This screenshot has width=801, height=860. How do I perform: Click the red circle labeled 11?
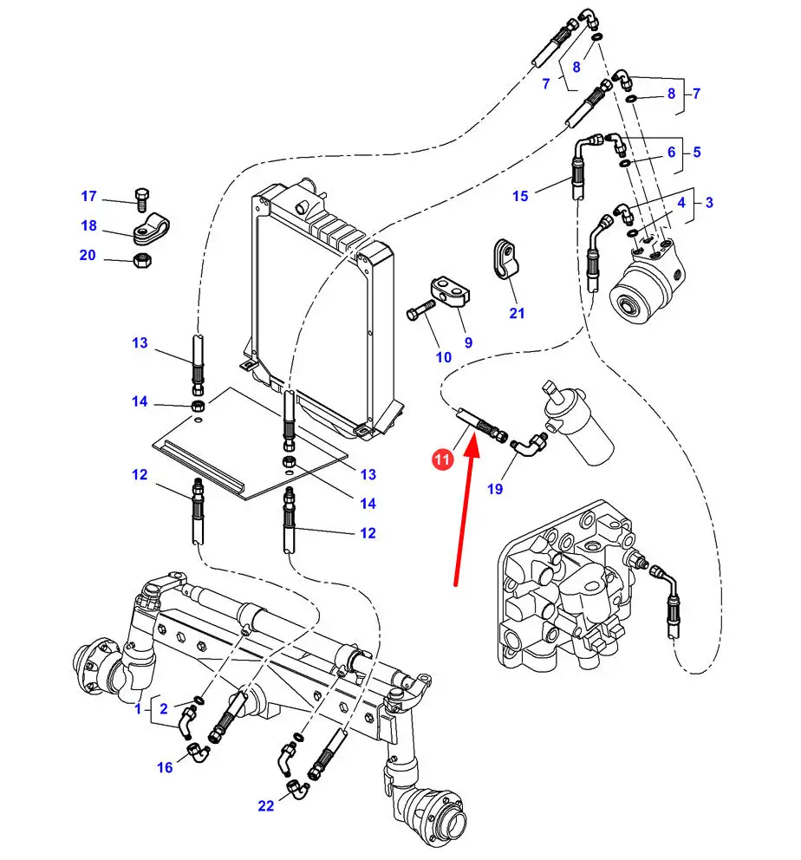pyautogui.click(x=442, y=459)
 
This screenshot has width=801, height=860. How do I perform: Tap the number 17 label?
pyautogui.click(x=88, y=196)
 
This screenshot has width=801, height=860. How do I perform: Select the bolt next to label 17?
pyautogui.click(x=141, y=199)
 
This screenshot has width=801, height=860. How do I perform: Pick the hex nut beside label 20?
pyautogui.click(x=142, y=259)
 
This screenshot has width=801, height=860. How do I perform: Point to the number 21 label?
pyautogui.click(x=517, y=313)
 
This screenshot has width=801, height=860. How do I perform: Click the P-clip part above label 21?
pyautogui.click(x=505, y=258)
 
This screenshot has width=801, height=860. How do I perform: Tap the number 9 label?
pyautogui.click(x=468, y=342)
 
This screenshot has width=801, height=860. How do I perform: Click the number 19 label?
pyautogui.click(x=494, y=489)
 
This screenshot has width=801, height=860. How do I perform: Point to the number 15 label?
pyautogui.click(x=520, y=196)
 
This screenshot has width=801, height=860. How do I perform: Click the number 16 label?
pyautogui.click(x=165, y=767)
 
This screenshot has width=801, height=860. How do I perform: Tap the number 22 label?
pyautogui.click(x=265, y=805)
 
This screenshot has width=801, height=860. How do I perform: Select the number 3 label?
pyautogui.click(x=709, y=202)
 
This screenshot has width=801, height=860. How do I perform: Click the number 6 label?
pyautogui.click(x=671, y=152)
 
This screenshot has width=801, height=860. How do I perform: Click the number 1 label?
pyautogui.click(x=138, y=708)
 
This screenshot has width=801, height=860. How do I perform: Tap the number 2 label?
pyautogui.click(x=163, y=708)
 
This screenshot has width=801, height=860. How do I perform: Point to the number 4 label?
pyautogui.click(x=681, y=202)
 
